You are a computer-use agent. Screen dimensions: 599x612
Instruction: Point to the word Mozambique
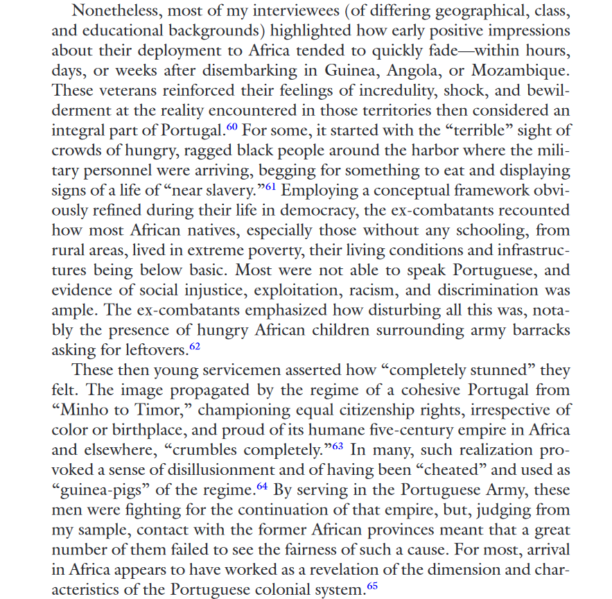pyautogui.click(x=521, y=70)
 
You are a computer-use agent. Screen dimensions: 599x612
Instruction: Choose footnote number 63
pyautogui.click(x=336, y=445)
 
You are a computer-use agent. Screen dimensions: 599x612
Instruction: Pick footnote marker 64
pyautogui.click(x=262, y=485)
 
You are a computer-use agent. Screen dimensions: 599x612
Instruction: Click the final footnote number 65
pyautogui.click(x=371, y=586)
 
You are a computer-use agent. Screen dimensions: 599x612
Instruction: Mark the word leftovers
pyautogui.click(x=152, y=350)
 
